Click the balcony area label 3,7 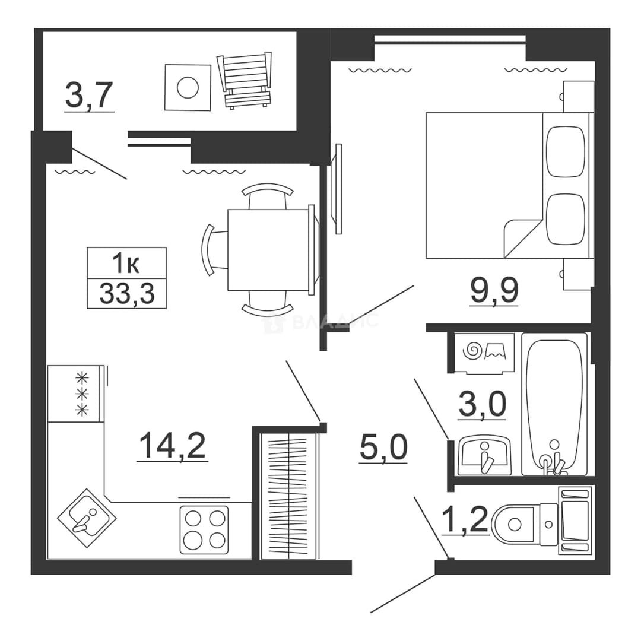(88, 97)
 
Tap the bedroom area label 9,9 (494, 291)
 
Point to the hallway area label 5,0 (383, 448)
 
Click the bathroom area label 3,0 (483, 404)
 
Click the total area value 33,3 (127, 294)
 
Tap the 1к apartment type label (126, 263)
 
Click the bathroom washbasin (484, 455)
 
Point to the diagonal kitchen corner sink (87, 518)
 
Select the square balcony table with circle (188, 87)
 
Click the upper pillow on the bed (566, 151)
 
